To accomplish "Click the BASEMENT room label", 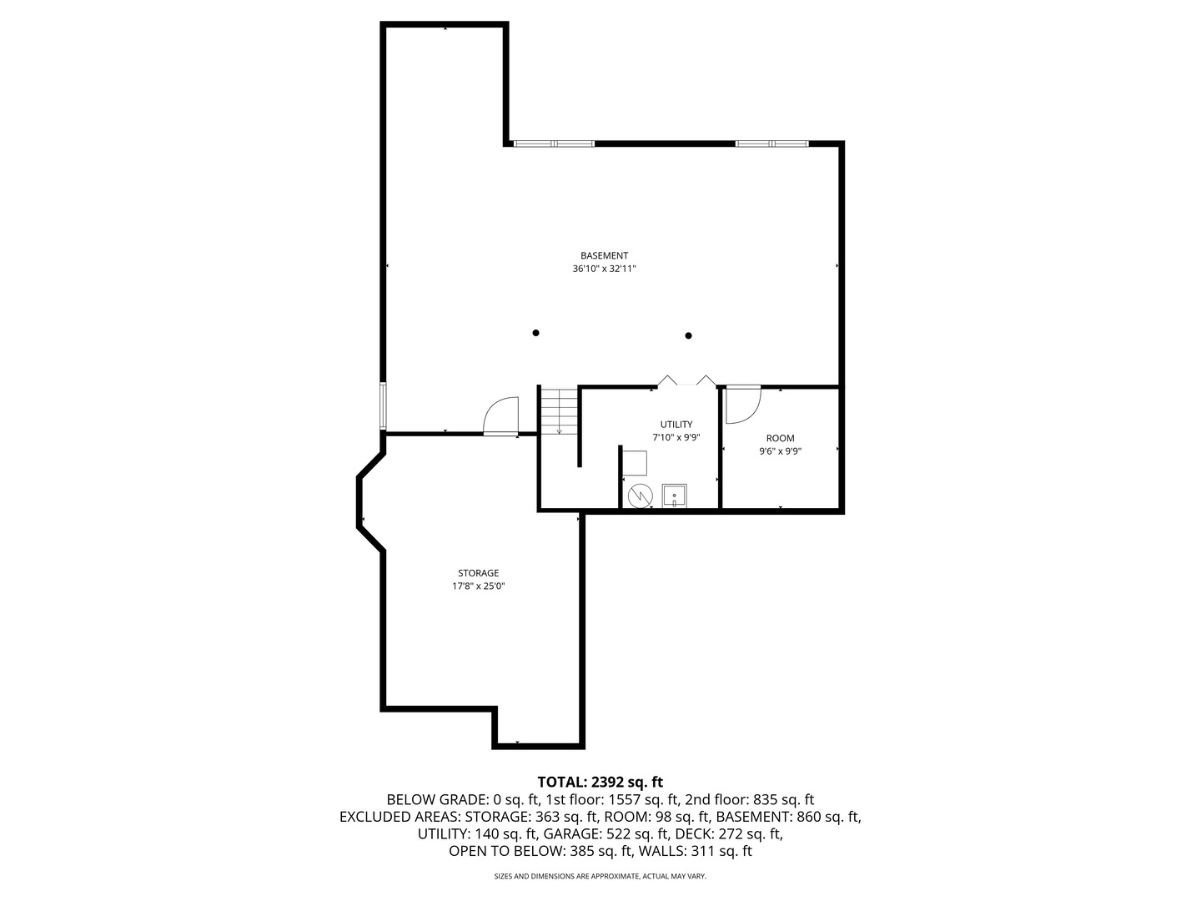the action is [x=604, y=255].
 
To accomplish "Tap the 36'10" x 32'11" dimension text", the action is [x=604, y=269].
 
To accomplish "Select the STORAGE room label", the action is [x=478, y=573].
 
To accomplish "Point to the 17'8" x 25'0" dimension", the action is [x=478, y=586].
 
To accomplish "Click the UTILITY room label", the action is [x=676, y=424].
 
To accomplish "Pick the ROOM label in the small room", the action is [x=781, y=438].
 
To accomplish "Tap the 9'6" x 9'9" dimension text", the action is [x=781, y=451].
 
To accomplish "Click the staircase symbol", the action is [x=559, y=411].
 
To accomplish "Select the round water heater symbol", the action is [x=641, y=496].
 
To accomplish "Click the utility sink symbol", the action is [x=674, y=496].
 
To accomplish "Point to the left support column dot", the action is [x=535, y=333].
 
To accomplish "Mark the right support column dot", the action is [x=688, y=336].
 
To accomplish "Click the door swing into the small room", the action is [x=743, y=405].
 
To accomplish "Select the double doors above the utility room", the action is [x=686, y=380].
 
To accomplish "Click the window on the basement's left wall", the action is [x=384, y=405].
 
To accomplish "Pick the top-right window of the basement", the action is [x=771, y=143].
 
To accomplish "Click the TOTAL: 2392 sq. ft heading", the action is [x=600, y=782].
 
